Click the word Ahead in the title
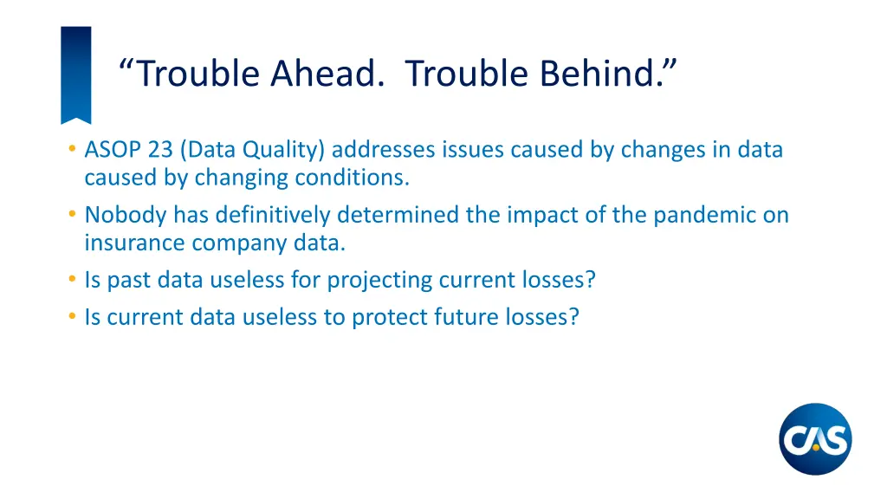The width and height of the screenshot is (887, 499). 327,74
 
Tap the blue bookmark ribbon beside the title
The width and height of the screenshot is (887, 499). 75,74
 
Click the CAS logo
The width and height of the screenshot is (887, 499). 815,438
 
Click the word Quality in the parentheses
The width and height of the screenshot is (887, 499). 280,151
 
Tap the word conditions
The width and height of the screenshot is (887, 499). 351,178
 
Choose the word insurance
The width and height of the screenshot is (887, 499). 134,243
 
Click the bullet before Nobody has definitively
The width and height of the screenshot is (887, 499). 70,215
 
